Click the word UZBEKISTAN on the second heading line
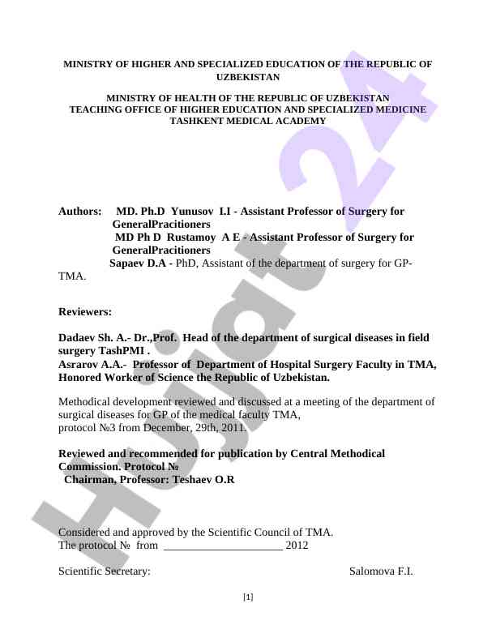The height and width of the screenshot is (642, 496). coord(248,77)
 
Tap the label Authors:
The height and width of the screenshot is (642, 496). coord(80,212)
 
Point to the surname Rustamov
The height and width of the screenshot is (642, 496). coord(191,238)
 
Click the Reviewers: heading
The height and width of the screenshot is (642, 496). coord(85,311)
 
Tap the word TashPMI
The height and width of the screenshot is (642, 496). coord(124,351)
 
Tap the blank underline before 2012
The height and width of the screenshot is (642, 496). coord(223,546)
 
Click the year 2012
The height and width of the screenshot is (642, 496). coord(297,546)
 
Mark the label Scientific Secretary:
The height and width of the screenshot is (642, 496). coord(105,571)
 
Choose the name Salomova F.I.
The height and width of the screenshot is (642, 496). coord(381,571)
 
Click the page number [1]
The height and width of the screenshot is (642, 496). coord(248,597)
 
